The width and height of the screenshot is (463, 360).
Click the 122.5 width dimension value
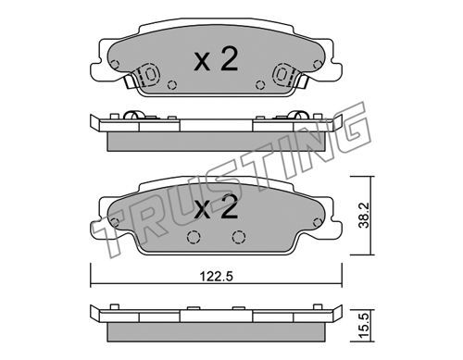point(216,277)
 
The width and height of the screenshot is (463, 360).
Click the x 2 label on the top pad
point(216,60)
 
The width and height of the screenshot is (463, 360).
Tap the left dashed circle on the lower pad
point(194,237)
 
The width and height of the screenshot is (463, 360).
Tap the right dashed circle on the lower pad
point(239,237)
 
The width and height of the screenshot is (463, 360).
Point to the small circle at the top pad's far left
point(115,65)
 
